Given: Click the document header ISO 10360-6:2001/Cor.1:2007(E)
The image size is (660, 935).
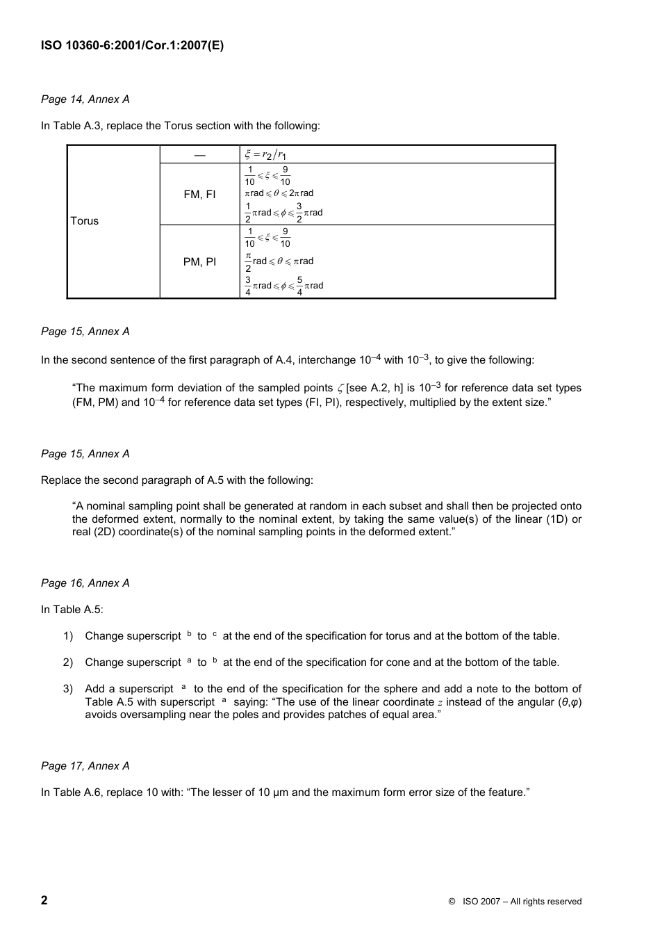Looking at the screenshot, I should tap(132, 46).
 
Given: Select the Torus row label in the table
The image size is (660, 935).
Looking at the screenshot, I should tap(85, 221).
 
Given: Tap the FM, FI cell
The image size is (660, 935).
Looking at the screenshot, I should tap(199, 195).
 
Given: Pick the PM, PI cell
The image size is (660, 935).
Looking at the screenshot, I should tap(199, 261).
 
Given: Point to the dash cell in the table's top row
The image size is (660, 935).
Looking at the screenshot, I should tap(199, 154).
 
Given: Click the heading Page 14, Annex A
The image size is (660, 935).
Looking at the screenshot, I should tap(85, 99).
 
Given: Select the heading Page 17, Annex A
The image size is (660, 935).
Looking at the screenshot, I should tap(85, 766).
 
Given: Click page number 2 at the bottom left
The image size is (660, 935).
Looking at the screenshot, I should tap(44, 901).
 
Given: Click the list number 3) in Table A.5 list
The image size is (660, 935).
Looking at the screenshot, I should tap(68, 689).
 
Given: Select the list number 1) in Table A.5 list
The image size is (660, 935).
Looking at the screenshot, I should tap(68, 636).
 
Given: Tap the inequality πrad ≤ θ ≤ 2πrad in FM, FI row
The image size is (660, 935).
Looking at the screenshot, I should tap(279, 193).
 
